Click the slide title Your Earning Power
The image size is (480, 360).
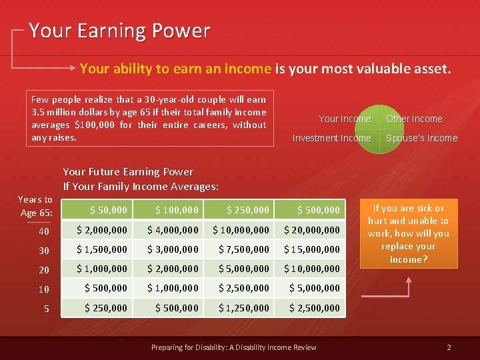119,31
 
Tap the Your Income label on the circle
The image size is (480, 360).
345,119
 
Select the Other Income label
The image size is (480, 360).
414,119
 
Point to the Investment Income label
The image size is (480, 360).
332,138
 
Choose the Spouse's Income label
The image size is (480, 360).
422,138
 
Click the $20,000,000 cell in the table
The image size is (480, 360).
312,229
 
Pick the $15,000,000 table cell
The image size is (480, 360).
312,249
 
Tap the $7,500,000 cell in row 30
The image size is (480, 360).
244,249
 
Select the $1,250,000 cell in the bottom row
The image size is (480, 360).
244,307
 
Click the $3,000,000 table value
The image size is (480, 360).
173,249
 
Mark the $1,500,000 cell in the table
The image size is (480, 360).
102,249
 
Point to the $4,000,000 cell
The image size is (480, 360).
173,229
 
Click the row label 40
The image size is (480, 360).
44,230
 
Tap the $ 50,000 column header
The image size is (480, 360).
109,210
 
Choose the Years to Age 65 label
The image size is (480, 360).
35,206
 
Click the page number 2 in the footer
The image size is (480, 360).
449,347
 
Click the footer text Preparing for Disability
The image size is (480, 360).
233,347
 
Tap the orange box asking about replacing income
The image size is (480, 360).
409,233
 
